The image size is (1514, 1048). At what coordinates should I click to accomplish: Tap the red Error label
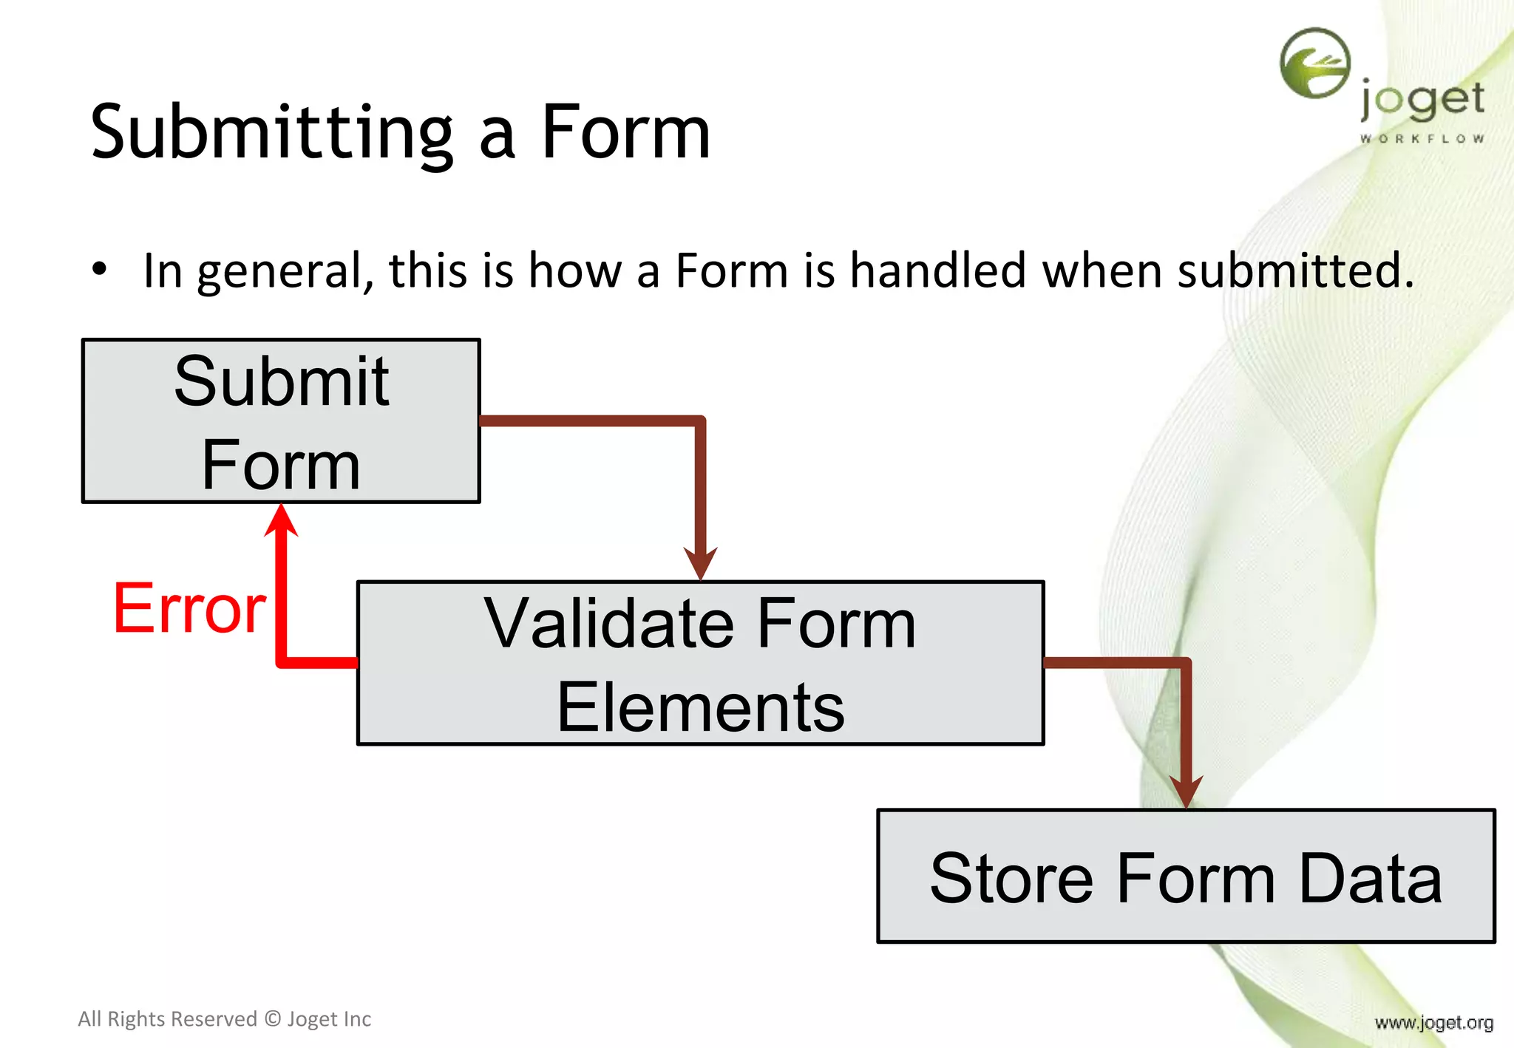pos(189,609)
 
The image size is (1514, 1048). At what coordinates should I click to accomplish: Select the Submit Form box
pos(281,421)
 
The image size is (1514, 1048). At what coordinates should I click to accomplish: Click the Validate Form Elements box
pos(700,663)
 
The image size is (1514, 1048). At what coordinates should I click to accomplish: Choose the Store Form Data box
pos(1186,877)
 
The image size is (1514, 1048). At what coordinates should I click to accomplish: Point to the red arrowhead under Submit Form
pos(282,520)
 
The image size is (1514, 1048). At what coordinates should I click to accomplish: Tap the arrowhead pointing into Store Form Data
pos(1186,792)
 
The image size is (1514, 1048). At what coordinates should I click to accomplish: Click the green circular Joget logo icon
pos(1315,64)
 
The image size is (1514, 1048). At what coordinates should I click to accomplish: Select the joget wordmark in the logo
pos(1422,101)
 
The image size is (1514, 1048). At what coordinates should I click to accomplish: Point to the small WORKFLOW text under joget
pos(1422,139)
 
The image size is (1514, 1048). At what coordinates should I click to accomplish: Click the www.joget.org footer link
pos(1433,1023)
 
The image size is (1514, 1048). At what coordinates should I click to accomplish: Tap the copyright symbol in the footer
pos(273,1019)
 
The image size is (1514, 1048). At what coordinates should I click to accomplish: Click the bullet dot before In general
pos(100,270)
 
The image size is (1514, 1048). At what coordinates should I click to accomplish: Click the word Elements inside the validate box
pos(700,708)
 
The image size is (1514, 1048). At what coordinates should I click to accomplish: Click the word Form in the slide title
pos(625,133)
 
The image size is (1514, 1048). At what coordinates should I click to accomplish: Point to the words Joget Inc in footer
pos(329,1019)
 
